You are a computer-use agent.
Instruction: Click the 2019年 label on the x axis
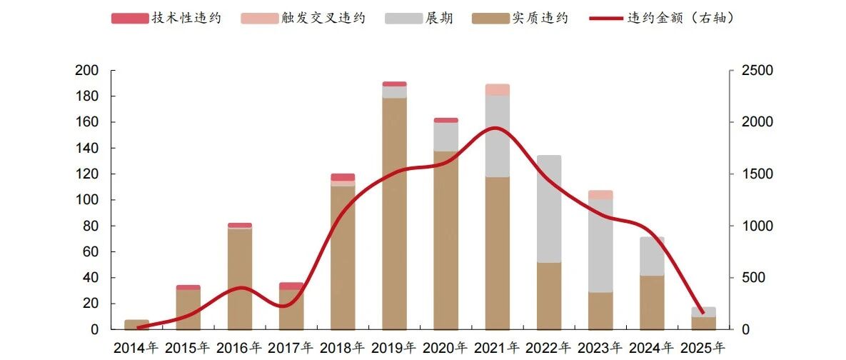(x=394, y=348)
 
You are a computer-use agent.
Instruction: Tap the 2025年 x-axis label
(x=703, y=348)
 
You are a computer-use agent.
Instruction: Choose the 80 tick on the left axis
(x=92, y=226)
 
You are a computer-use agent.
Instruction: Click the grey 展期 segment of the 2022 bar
(x=549, y=209)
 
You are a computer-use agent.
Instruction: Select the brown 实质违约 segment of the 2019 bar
(x=394, y=214)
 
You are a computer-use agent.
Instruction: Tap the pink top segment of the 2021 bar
(x=498, y=89)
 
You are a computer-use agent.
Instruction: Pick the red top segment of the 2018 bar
(x=343, y=177)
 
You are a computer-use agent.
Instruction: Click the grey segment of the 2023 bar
(x=600, y=246)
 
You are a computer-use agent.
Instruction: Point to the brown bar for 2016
(x=240, y=279)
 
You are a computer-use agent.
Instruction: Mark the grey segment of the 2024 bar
(x=652, y=256)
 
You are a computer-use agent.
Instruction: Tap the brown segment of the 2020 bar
(x=445, y=240)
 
